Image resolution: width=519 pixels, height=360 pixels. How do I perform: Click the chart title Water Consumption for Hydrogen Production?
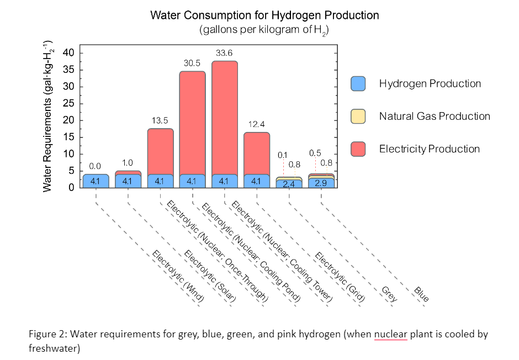click(264, 15)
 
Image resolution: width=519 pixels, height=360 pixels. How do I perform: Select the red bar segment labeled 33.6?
click(225, 116)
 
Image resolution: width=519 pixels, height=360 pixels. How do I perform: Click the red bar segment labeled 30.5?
click(192, 121)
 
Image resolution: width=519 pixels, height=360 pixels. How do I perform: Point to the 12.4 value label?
click(257, 123)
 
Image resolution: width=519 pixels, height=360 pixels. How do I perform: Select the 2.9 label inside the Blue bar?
click(321, 182)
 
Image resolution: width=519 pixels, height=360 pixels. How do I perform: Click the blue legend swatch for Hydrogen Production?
click(359, 84)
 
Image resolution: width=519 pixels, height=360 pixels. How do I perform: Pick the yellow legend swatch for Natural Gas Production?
click(359, 117)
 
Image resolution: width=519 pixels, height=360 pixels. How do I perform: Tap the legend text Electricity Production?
click(429, 149)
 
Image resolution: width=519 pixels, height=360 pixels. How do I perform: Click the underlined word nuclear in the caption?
click(390, 334)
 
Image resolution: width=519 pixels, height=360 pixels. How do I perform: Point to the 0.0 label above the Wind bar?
click(95, 166)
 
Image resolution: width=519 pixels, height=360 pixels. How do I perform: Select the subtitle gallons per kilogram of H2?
click(264, 29)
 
